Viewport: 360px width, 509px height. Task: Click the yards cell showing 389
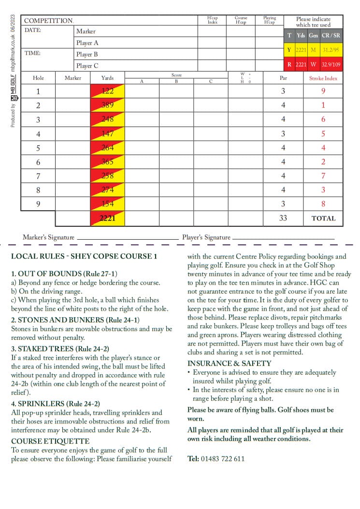click(x=107, y=105)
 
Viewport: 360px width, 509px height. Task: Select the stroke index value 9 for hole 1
click(x=323, y=91)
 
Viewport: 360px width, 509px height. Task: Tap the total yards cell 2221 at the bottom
click(x=107, y=218)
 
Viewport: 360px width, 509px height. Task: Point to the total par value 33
click(x=283, y=218)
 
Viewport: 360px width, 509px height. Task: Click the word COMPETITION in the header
click(x=48, y=21)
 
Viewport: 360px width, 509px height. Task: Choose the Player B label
click(x=87, y=54)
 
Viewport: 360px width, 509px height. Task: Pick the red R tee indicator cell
click(x=289, y=64)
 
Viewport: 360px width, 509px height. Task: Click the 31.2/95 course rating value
click(x=331, y=50)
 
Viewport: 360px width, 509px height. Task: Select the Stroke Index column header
click(x=323, y=78)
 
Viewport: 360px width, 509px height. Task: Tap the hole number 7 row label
click(x=38, y=176)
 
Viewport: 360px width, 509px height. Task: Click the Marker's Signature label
click(x=48, y=237)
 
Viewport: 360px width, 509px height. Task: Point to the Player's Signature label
click(x=206, y=237)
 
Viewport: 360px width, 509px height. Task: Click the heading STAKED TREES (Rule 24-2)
click(x=60, y=349)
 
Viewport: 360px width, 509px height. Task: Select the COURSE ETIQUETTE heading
click(x=50, y=441)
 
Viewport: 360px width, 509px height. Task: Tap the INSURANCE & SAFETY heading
click(x=229, y=363)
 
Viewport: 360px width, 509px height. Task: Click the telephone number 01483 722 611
click(x=222, y=458)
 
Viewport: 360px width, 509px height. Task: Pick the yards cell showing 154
click(x=107, y=204)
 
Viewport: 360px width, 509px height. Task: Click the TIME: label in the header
click(x=32, y=53)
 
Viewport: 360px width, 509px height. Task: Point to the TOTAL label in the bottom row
click(x=323, y=218)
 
